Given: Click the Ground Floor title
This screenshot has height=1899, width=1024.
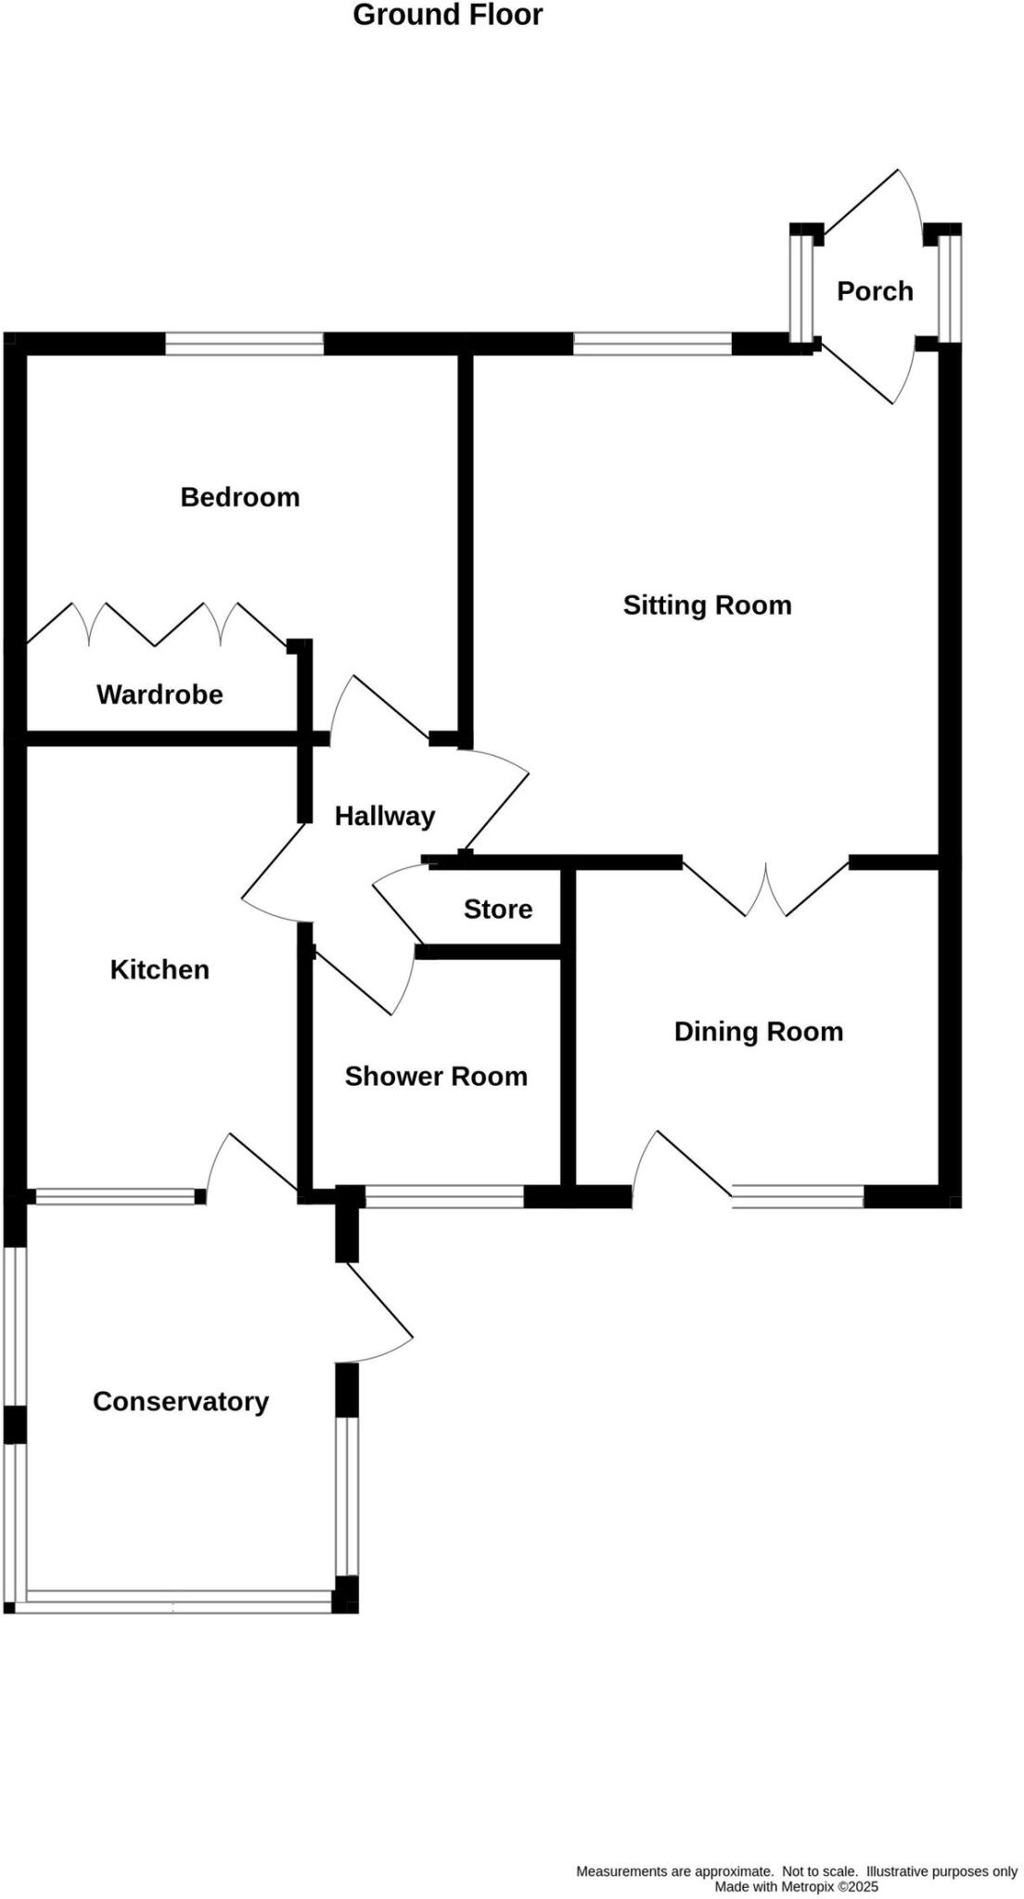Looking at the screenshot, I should pos(447,16).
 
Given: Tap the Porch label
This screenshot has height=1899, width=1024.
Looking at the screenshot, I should pos(875,291).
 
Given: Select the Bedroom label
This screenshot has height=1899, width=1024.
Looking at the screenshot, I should pos(239,497).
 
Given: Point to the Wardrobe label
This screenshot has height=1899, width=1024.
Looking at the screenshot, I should pos(160,695).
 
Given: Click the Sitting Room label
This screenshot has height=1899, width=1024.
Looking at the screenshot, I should pos(707,605).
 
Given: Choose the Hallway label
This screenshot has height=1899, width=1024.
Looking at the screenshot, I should pos(384,816).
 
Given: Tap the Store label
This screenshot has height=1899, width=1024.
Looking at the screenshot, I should pos(497,909).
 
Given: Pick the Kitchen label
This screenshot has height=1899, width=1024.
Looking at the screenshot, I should pos(160,970).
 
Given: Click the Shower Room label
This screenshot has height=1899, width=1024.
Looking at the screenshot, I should pos(436,1077).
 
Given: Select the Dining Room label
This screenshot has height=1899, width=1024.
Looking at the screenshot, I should pos(758,1032).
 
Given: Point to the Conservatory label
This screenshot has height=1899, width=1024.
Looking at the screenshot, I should pos(180,1401).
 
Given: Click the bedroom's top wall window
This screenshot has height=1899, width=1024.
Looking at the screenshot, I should pos(244,345).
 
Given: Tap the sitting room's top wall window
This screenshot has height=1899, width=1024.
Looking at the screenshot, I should pos(652,345).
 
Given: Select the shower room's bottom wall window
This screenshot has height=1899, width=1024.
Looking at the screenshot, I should pos(444,1197).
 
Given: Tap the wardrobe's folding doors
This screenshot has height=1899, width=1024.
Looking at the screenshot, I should pos(156,624).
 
